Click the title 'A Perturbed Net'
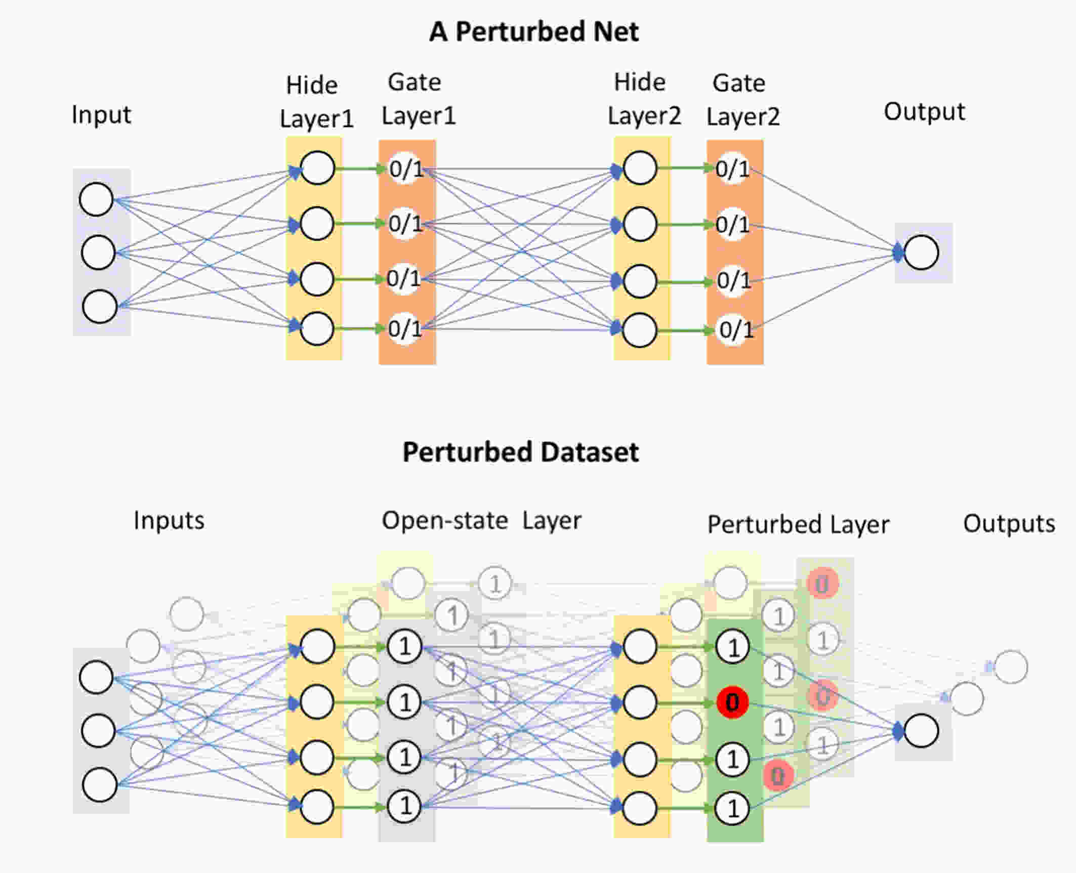tap(533, 32)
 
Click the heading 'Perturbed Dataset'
tap(520, 452)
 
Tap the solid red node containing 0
tap(732, 702)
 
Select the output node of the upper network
tap(921, 252)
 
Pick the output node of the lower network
tap(921, 730)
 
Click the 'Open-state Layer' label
tap(481, 521)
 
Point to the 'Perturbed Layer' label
tap(798, 525)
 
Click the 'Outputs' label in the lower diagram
tap(1009, 524)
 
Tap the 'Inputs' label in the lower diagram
tap(169, 521)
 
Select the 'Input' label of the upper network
tap(101, 115)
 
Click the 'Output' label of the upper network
tap(924, 112)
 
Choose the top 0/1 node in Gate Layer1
tap(405, 169)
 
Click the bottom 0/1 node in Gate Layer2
tap(735, 330)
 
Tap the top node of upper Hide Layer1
tap(317, 168)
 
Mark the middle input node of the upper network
tap(98, 252)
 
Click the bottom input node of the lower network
tap(100, 784)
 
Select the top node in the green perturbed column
tap(732, 647)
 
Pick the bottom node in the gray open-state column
tap(404, 806)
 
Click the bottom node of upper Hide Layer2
tap(640, 330)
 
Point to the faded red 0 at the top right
tap(823, 584)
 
